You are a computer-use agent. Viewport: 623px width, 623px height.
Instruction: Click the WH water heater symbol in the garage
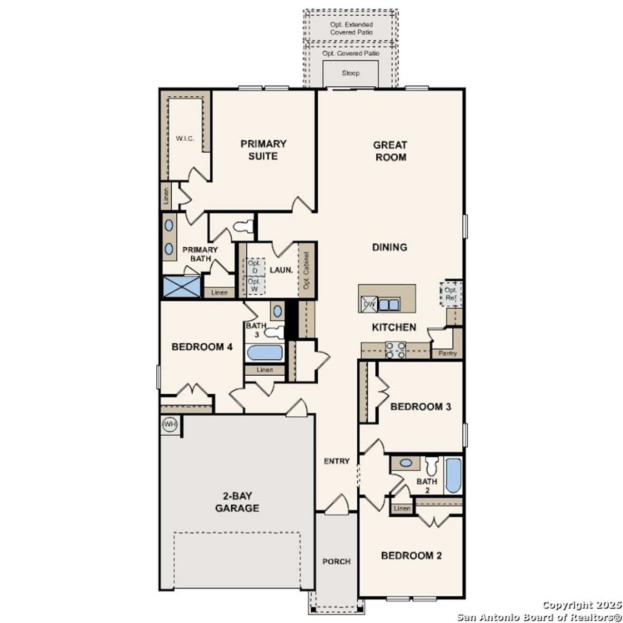coord(169,424)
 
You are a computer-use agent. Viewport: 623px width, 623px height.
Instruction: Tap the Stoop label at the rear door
coord(350,73)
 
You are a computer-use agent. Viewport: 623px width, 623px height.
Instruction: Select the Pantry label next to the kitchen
coord(447,353)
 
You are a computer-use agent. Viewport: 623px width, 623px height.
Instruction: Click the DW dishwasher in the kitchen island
coord(368,305)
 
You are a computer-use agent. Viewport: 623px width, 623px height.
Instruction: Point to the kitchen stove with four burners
coord(396,350)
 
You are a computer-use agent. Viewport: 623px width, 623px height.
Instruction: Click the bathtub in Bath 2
coord(453,475)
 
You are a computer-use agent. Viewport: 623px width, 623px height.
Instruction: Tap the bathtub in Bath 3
coord(264,352)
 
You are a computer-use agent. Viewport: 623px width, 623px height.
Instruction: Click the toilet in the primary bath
coord(244,226)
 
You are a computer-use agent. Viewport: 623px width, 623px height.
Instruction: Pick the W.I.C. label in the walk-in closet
coord(185,138)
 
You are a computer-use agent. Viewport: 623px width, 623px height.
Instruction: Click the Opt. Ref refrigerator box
coord(451,294)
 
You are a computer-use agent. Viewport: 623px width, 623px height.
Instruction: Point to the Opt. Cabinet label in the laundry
coord(307,270)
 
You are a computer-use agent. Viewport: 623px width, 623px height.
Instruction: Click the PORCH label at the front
coord(336,561)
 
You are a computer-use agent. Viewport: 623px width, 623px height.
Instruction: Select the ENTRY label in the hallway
coord(337,461)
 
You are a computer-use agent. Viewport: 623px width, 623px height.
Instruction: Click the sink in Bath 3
coord(277,311)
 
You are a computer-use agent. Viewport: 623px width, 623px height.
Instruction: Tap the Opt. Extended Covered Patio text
coord(351,28)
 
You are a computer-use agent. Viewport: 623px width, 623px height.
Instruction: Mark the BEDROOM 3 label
coord(421,406)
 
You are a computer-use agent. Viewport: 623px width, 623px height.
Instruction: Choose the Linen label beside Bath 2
coord(402,509)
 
